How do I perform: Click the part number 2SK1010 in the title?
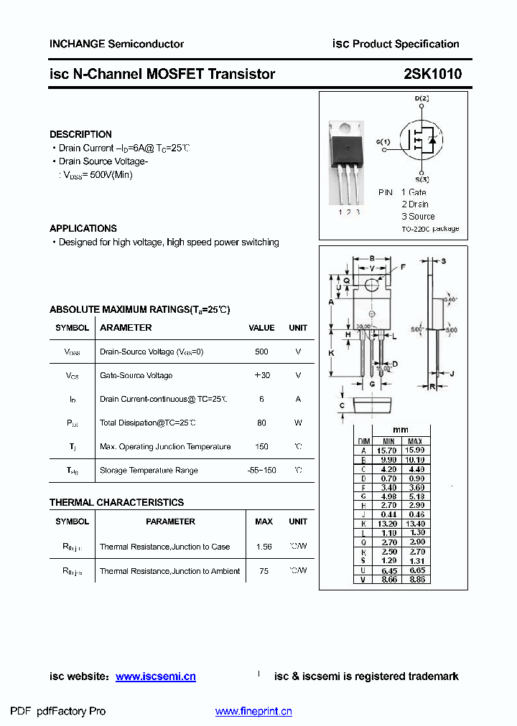click(433, 74)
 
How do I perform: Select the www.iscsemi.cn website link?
click(155, 676)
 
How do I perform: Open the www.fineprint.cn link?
click(253, 712)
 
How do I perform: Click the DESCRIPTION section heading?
click(80, 134)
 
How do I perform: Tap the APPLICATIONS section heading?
click(83, 228)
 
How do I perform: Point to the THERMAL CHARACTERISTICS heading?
click(116, 502)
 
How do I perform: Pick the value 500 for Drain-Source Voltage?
click(261, 352)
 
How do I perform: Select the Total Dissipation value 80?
click(261, 423)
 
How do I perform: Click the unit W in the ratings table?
click(298, 423)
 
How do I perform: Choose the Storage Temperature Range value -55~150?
click(261, 470)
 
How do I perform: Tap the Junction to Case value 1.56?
click(264, 547)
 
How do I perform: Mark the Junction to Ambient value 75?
click(264, 571)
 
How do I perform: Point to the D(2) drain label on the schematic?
click(421, 98)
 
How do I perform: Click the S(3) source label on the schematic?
click(421, 179)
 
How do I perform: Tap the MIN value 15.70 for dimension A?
click(388, 450)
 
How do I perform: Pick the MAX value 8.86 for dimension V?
click(415, 578)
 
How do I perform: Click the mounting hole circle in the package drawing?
click(372, 286)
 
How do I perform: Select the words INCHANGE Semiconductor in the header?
click(116, 44)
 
